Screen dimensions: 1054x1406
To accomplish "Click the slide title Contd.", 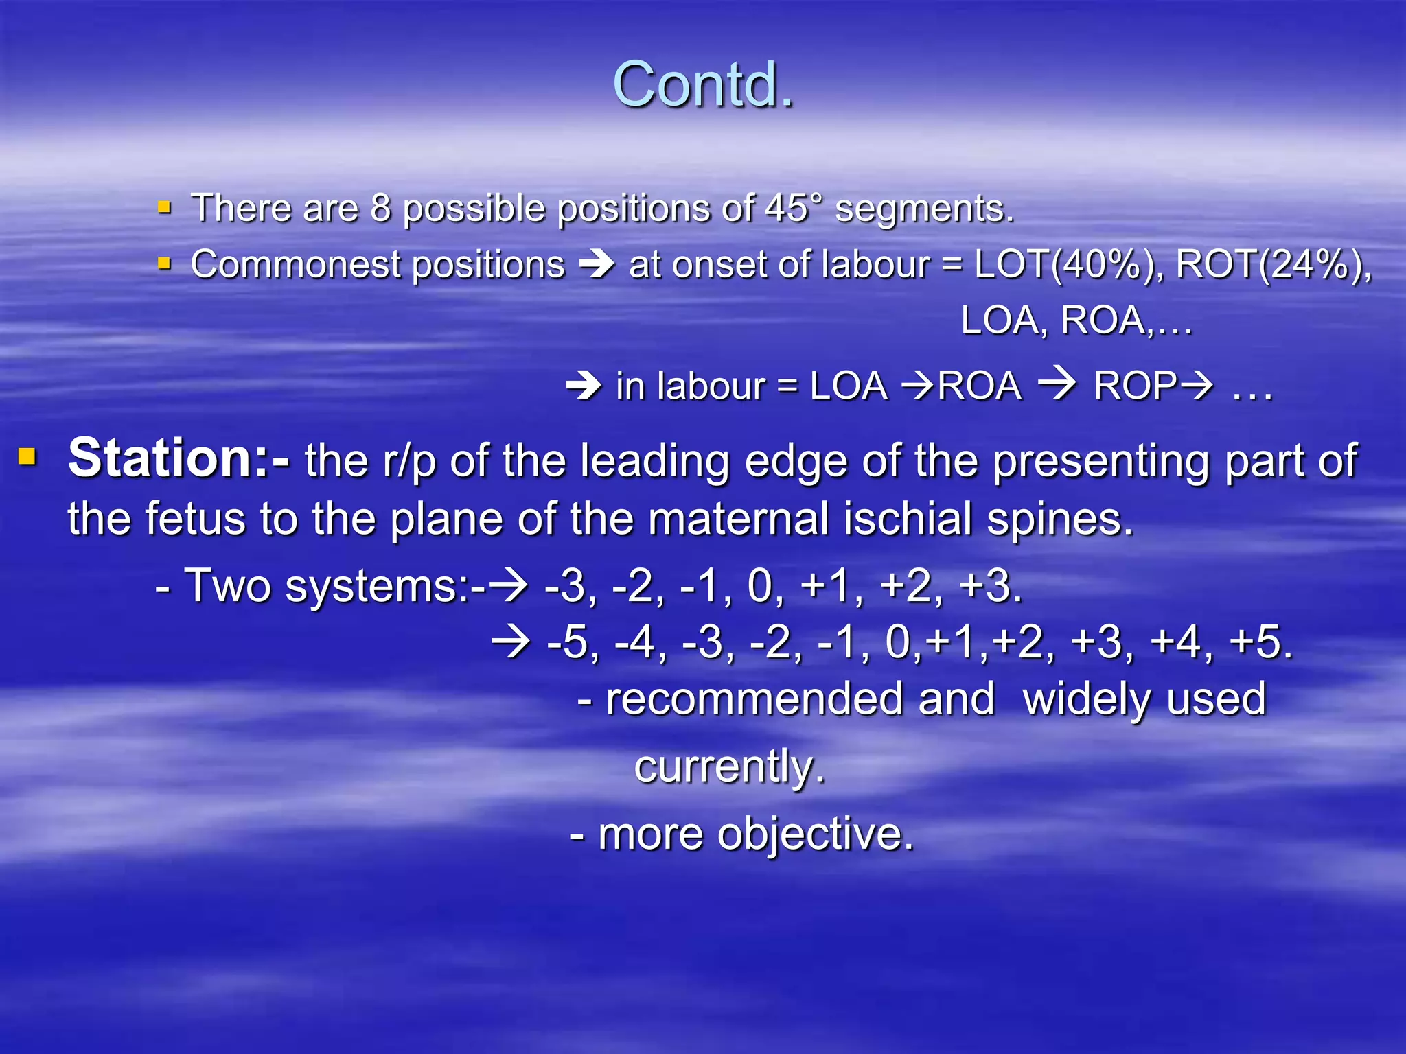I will point(703,85).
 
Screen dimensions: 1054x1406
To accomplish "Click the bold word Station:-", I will point(178,458).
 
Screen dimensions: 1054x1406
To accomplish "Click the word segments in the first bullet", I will point(923,209).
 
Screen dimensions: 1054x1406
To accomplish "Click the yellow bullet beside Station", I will point(27,456).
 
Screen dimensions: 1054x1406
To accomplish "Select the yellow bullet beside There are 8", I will point(164,207).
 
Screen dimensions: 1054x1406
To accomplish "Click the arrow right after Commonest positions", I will point(597,265).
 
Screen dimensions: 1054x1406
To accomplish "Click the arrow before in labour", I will point(584,386).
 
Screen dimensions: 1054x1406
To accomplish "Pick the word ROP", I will point(1135,386).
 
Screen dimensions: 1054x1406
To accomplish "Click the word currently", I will point(728,766).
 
